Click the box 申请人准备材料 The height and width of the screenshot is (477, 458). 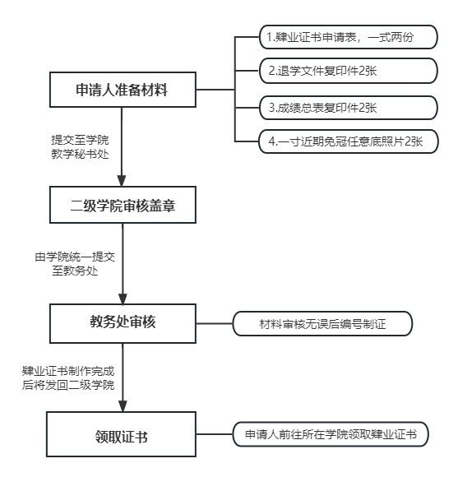pyautogui.click(x=123, y=90)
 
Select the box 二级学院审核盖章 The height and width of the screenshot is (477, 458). pyautogui.click(x=123, y=205)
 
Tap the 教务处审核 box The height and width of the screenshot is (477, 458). pyautogui.click(x=123, y=323)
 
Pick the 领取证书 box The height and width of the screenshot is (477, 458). pyautogui.click(x=121, y=434)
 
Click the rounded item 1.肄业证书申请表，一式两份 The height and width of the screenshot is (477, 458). pyautogui.click(x=348, y=37)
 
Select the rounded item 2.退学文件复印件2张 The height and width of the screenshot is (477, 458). pyautogui.click(x=348, y=71)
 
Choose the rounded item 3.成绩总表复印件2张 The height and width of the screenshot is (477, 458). pyautogui.click(x=348, y=108)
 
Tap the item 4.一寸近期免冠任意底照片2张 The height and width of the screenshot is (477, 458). pyautogui.click(x=348, y=141)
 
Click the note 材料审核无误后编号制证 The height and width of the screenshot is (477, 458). pyautogui.click(x=322, y=323)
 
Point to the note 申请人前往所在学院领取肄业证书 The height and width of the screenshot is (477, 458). pyautogui.click(x=331, y=434)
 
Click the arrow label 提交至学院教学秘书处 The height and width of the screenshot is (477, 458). pyautogui.click(x=80, y=147)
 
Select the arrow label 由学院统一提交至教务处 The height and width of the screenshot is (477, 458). pyautogui.click(x=75, y=263)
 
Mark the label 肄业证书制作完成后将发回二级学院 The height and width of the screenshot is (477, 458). pyautogui.click(x=68, y=377)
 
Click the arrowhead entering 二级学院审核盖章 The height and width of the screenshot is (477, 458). pyautogui.click(x=122, y=181)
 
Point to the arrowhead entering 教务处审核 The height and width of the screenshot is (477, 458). pyautogui.click(x=123, y=299)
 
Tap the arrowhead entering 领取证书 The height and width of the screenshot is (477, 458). pyautogui.click(x=123, y=406)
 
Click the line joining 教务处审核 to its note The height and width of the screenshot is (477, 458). pyautogui.click(x=215, y=323)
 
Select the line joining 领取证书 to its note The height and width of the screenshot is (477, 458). pyautogui.click(x=215, y=434)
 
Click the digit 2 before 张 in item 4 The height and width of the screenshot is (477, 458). pyautogui.click(x=409, y=141)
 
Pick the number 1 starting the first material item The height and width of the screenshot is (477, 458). pyautogui.click(x=269, y=37)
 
